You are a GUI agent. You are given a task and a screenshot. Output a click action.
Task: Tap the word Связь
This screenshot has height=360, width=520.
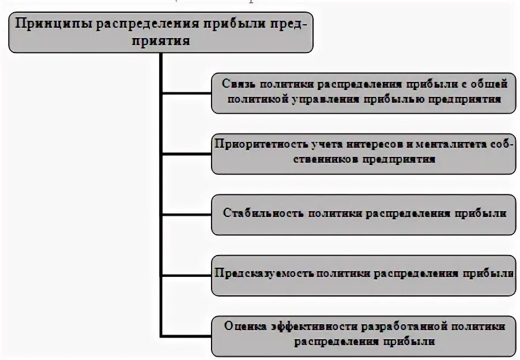(x=238, y=84)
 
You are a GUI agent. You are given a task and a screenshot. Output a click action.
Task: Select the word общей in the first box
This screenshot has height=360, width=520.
(x=489, y=84)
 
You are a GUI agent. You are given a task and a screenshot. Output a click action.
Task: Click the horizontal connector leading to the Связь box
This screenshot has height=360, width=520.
(x=186, y=91)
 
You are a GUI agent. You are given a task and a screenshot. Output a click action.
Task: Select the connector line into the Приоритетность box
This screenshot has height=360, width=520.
(x=186, y=154)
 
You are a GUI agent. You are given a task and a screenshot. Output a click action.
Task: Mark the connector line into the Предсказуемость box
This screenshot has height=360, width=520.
(x=186, y=273)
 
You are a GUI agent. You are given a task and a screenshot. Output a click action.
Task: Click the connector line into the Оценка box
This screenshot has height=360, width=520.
(x=186, y=335)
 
